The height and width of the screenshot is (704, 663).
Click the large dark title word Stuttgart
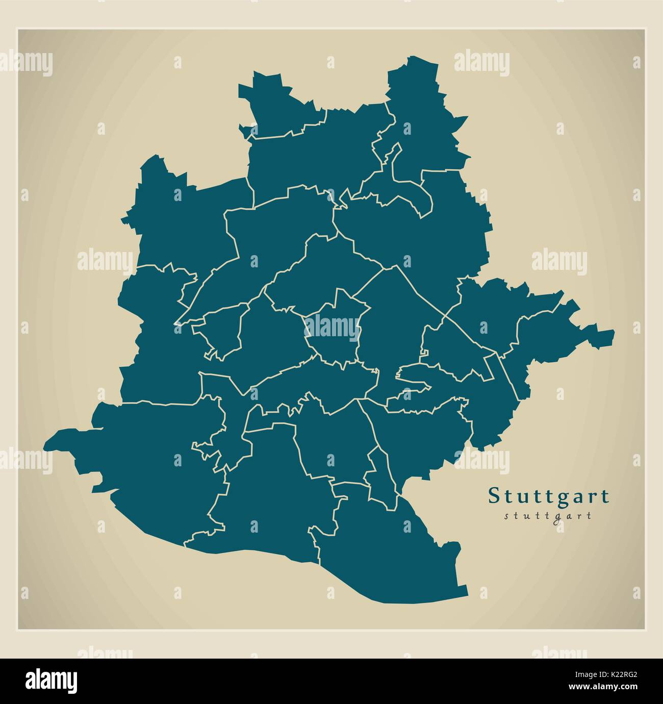(x=549, y=496)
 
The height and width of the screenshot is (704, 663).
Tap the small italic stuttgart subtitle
(x=548, y=515)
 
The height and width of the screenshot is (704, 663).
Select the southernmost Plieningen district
(x=388, y=551)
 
